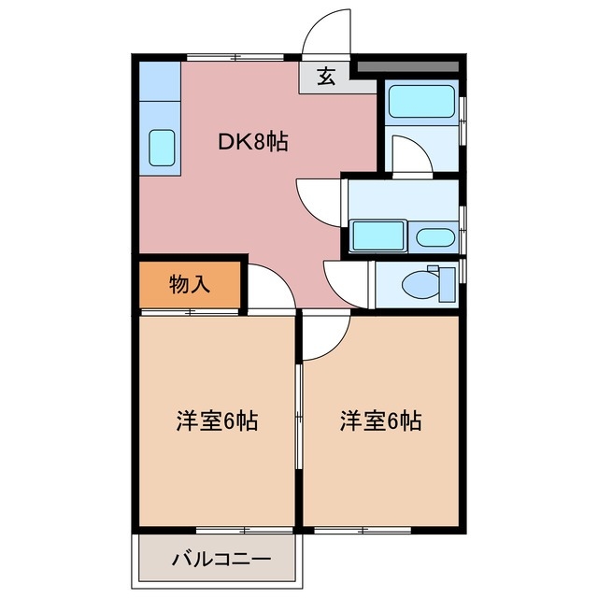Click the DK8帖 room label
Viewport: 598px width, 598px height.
tap(252, 142)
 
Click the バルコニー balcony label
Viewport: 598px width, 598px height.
tap(221, 561)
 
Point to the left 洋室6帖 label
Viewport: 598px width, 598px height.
tap(217, 421)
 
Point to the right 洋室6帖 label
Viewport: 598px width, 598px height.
tap(380, 421)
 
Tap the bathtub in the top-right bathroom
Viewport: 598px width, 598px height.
tap(420, 101)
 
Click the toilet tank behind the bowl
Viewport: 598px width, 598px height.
tap(447, 282)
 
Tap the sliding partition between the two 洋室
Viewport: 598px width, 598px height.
tap(298, 420)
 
